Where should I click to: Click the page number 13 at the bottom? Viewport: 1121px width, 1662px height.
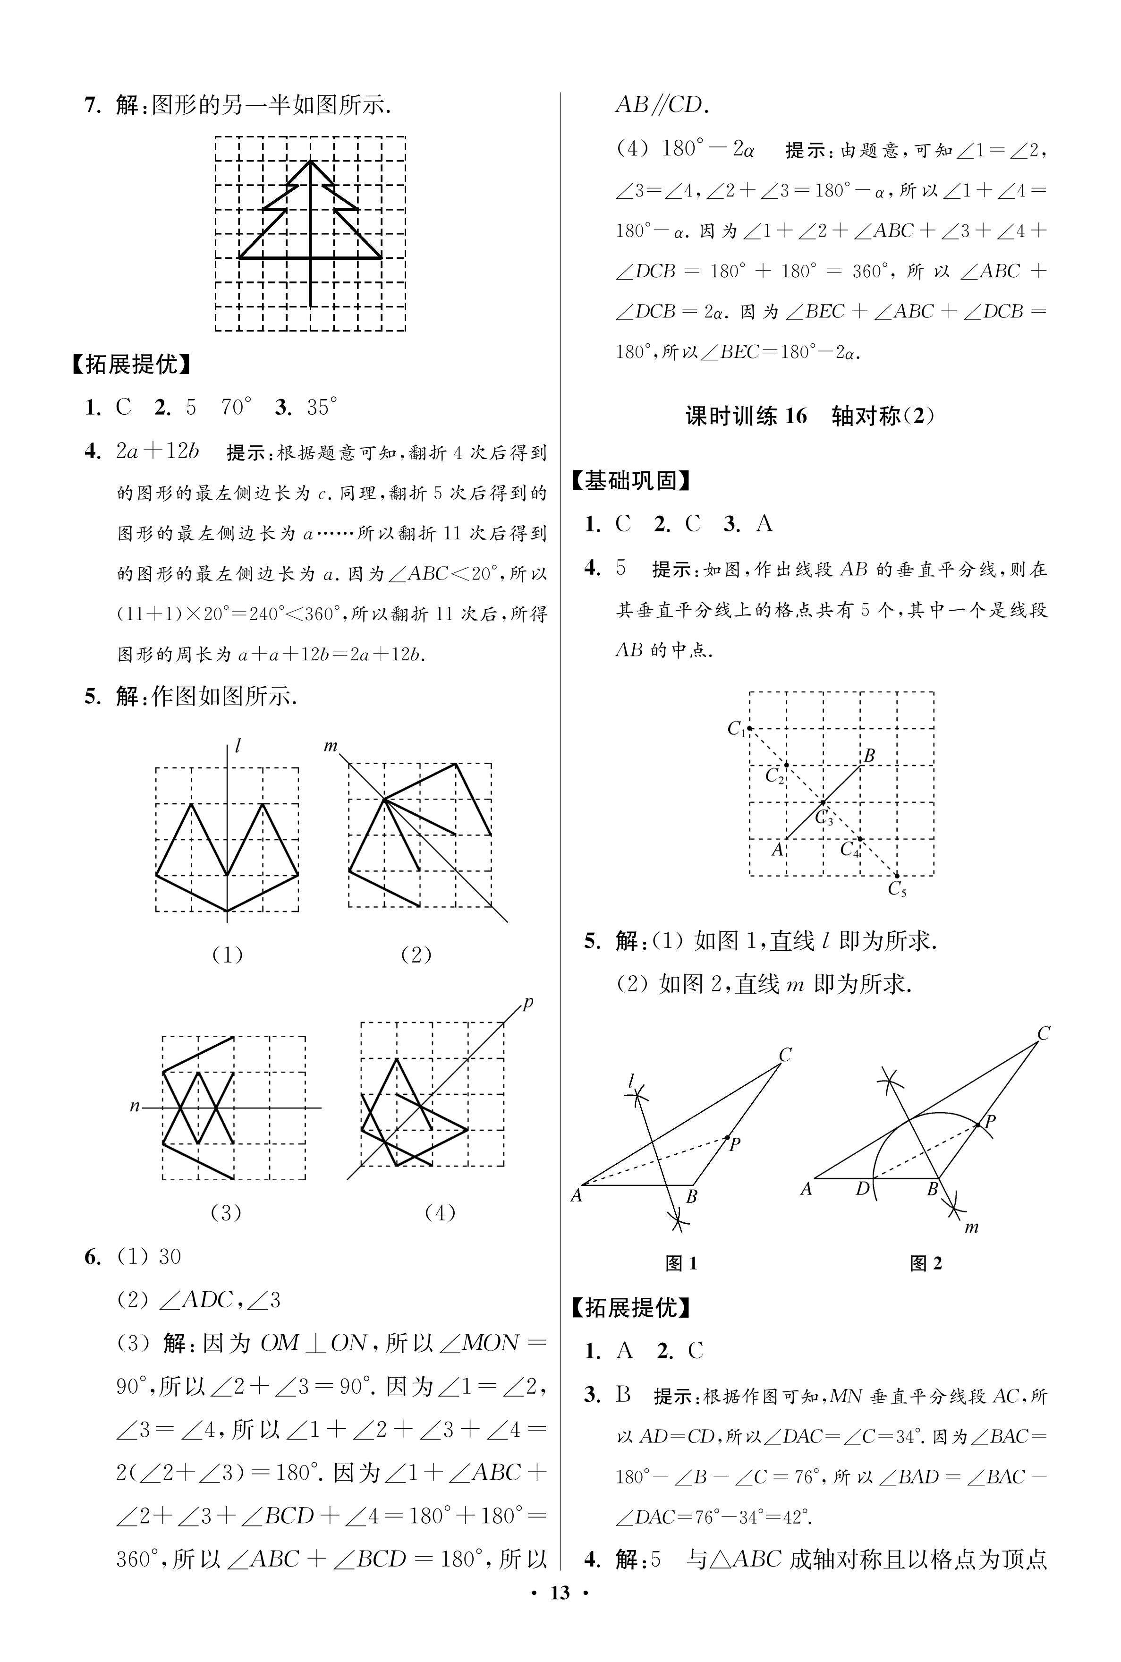560,1633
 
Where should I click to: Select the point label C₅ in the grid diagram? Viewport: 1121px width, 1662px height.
897,889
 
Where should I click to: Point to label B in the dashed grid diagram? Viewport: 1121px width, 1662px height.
869,755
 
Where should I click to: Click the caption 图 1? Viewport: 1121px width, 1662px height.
680,1264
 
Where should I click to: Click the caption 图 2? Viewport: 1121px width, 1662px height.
926,1264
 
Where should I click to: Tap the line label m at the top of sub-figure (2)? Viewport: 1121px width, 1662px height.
330,746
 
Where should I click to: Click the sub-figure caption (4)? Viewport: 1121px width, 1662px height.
440,1212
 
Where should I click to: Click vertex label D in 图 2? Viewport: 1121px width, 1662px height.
863,1189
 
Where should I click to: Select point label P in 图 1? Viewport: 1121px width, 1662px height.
734,1144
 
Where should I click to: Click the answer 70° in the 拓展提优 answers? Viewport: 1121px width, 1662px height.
237,408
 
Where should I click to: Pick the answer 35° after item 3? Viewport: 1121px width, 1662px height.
322,408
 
